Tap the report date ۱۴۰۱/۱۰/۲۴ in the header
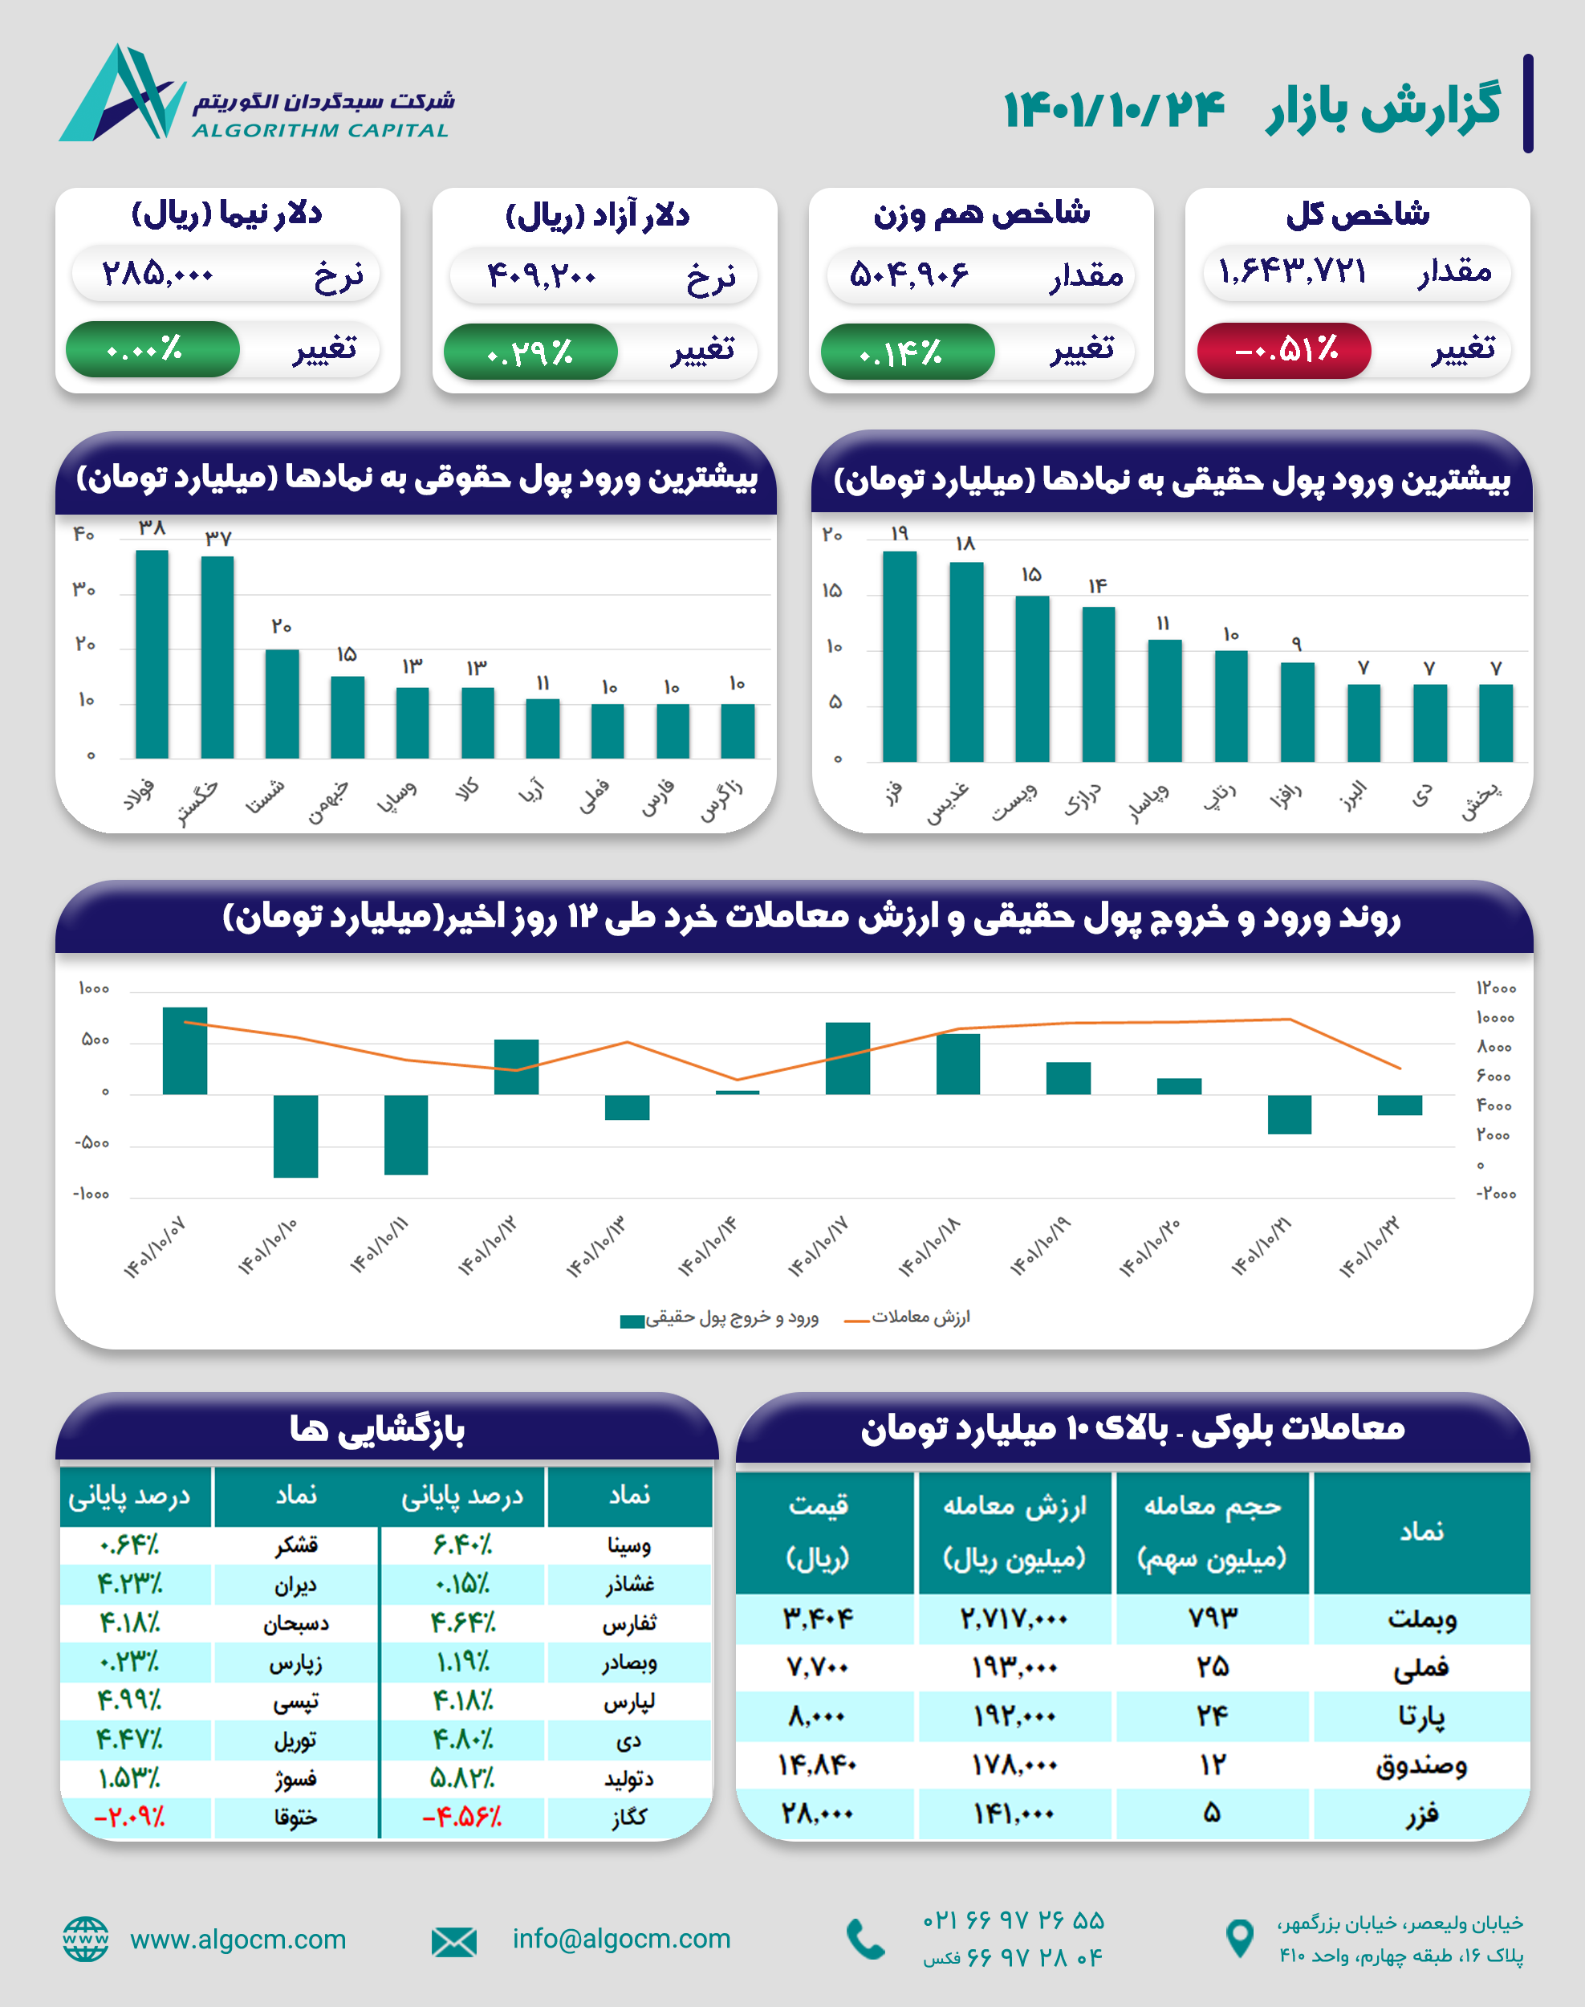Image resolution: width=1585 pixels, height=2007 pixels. tap(1114, 109)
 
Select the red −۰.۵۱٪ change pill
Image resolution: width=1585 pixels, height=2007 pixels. tap(1284, 350)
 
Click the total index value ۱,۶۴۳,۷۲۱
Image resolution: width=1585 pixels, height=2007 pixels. tap(1293, 272)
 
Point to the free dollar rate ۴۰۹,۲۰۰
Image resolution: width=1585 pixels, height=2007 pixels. tap(542, 275)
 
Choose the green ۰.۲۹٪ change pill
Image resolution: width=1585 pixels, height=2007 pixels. tap(530, 352)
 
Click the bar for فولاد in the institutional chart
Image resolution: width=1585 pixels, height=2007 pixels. tap(152, 654)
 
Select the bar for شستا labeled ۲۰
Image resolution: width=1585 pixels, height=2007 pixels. tap(282, 704)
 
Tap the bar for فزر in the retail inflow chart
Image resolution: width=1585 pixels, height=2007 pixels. tap(899, 657)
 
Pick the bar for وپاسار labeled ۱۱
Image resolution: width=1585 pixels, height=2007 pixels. tap(1164, 701)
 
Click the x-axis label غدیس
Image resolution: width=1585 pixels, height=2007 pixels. tap(949, 802)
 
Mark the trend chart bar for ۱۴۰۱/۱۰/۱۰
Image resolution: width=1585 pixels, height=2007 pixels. tap(295, 1135)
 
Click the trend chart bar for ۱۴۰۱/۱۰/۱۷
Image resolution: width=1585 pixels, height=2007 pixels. tap(847, 1058)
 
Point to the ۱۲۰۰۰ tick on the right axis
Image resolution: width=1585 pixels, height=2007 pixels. tap(1495, 988)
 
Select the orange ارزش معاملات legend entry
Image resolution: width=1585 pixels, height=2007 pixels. tap(907, 1317)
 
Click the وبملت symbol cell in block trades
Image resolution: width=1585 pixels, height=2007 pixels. tap(1421, 1619)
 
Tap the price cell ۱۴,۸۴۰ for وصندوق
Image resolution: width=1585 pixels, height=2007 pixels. tap(817, 1765)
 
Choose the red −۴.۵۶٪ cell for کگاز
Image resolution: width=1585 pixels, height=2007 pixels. tap(461, 1818)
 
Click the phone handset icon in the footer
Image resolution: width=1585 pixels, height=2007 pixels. tap(866, 1940)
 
